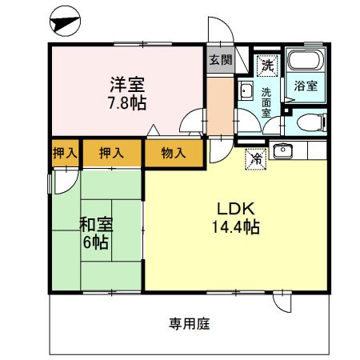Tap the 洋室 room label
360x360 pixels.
point(128,83)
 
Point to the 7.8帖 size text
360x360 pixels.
point(128,103)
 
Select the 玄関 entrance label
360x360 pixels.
point(219,60)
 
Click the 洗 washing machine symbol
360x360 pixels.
point(264,63)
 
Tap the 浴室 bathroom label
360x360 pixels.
point(305,86)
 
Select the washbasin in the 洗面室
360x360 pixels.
point(246,90)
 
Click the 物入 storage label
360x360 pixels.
point(174,152)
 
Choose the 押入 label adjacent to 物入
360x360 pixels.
point(110,152)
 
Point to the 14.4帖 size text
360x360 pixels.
point(236,228)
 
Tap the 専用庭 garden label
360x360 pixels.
point(189,324)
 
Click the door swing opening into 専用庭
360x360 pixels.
point(282,301)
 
